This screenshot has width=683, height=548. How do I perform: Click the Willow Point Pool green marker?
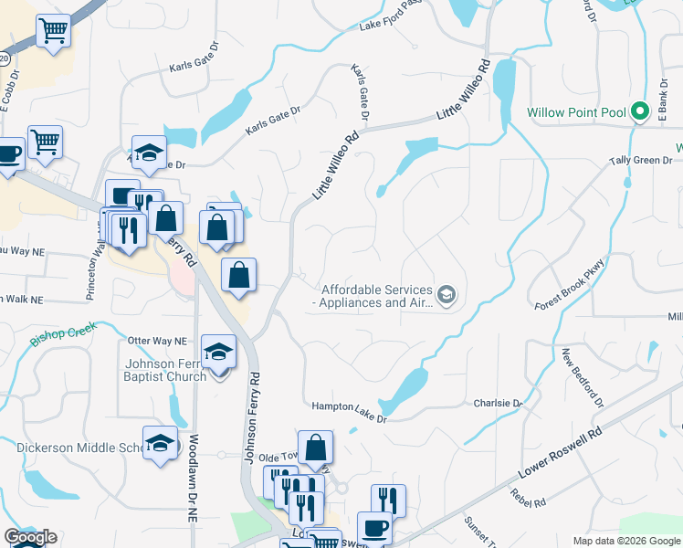click(x=640, y=113)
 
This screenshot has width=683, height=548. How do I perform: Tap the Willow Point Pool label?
click(x=577, y=113)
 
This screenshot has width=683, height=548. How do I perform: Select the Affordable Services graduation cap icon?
click(x=446, y=294)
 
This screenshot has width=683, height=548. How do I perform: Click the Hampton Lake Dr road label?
click(x=349, y=412)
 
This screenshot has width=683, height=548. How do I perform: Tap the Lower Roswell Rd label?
click(x=561, y=455)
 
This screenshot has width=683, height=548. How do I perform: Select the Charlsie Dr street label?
click(x=497, y=403)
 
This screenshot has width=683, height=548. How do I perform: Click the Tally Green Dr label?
click(x=640, y=161)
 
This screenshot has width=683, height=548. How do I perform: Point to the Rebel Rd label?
click(x=528, y=497)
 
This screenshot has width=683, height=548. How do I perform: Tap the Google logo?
click(x=30, y=537)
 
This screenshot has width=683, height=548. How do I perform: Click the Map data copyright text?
click(x=625, y=541)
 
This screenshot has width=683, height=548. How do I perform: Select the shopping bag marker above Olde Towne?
click(x=315, y=448)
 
